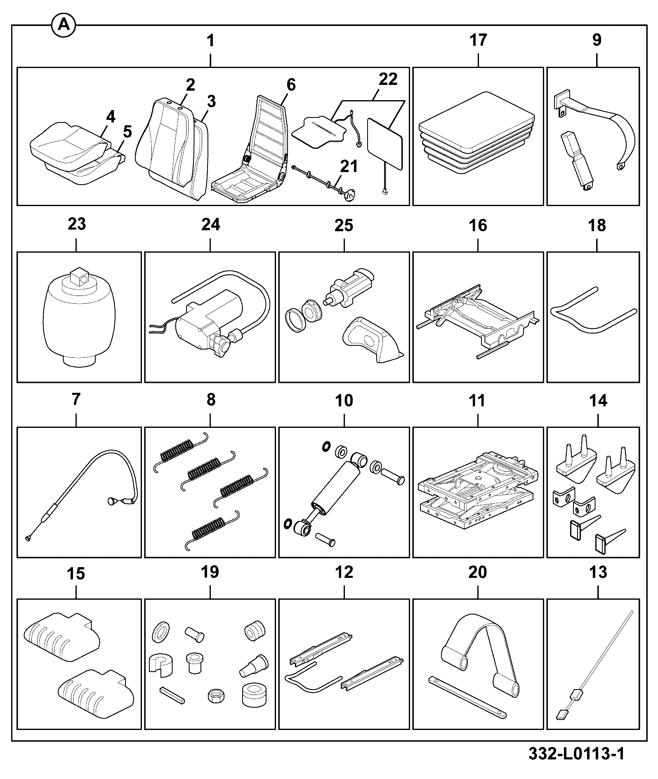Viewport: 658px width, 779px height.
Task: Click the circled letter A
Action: (63, 26)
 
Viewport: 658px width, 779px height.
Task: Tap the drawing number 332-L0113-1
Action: (577, 754)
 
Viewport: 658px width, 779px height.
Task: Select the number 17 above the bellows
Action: (478, 40)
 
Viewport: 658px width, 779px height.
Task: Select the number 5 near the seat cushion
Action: (127, 132)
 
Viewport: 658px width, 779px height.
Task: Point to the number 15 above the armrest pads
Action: (76, 574)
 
